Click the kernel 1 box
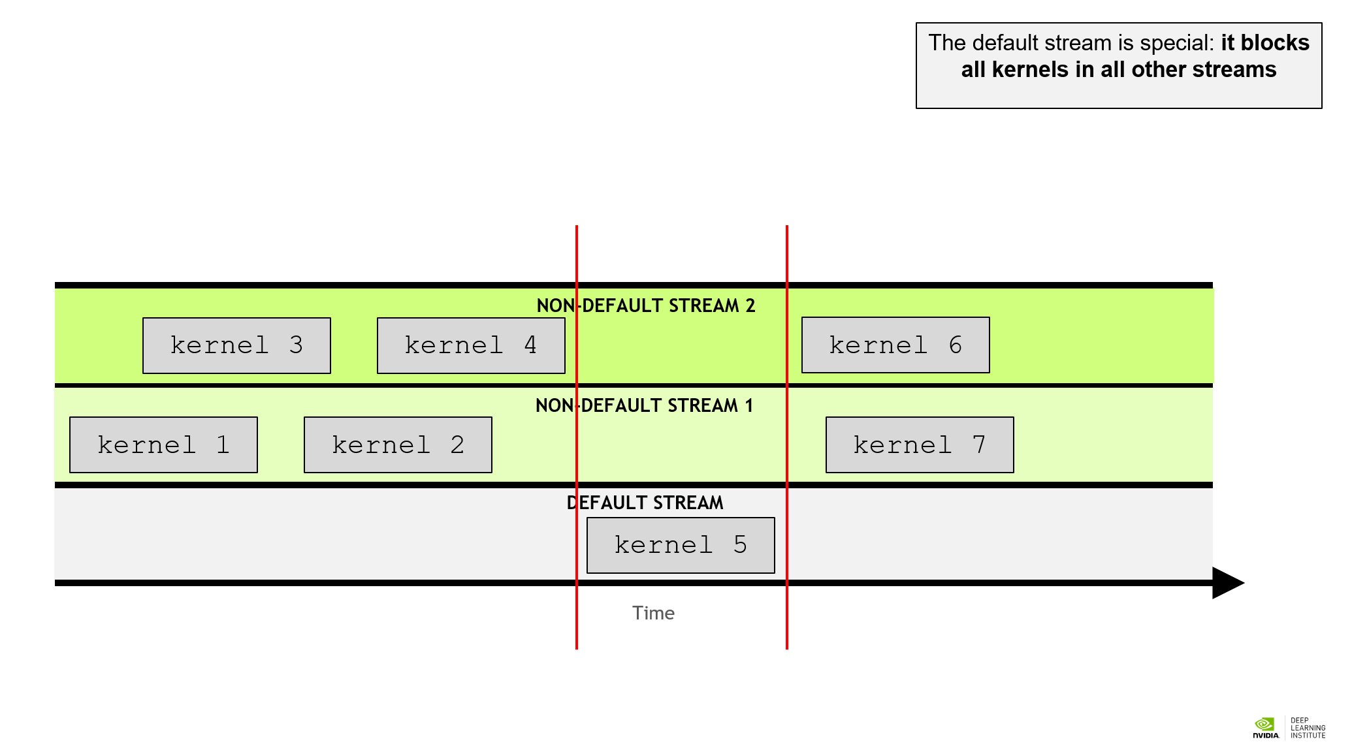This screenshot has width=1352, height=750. click(163, 445)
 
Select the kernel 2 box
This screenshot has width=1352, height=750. click(398, 445)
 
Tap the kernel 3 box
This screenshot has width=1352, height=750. click(236, 345)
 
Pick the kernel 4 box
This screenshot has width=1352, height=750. click(471, 345)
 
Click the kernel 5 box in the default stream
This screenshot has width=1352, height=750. click(681, 545)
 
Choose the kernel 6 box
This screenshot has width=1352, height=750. click(895, 345)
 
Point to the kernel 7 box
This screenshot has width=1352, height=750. click(920, 445)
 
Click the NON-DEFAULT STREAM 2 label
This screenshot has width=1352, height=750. click(645, 305)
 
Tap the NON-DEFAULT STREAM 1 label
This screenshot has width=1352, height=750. click(644, 405)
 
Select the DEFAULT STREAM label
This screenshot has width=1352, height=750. click(645, 503)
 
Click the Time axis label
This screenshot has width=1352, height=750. click(653, 613)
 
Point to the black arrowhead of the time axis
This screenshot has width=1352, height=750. click(1226, 583)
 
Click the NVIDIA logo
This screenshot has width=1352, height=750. click(1265, 727)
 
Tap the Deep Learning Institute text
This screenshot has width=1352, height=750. click(1308, 728)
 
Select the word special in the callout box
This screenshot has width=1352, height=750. click(1174, 43)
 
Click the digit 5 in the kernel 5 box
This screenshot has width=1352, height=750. click(740, 544)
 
